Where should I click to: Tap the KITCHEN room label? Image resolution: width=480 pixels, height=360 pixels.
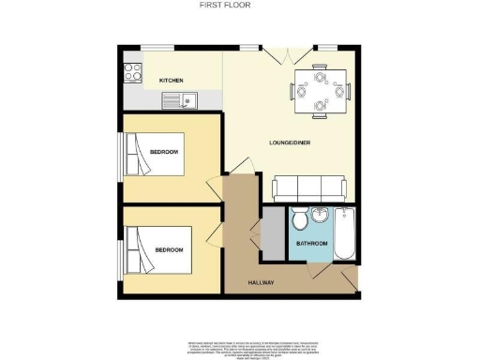171,81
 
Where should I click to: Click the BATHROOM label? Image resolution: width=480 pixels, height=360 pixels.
312,244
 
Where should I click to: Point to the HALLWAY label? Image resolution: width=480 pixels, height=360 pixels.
260,282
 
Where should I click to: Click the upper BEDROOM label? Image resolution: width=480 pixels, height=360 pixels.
165,152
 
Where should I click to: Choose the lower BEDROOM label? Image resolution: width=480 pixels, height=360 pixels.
169,250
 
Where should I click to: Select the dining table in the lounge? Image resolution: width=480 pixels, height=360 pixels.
320,90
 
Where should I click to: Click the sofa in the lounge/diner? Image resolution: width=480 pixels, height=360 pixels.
308,187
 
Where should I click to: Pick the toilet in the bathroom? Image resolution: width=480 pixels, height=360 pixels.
300,219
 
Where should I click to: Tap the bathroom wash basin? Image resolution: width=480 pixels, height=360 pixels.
320,216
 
